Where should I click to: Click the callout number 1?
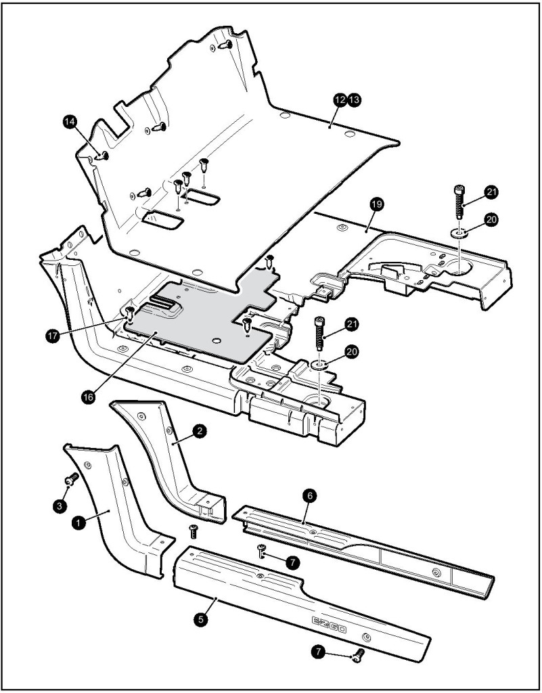click(x=78, y=522)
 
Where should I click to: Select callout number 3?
click(x=60, y=504)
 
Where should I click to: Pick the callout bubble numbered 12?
click(x=339, y=99)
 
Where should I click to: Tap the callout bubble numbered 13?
click(x=353, y=99)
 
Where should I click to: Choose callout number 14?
click(x=68, y=121)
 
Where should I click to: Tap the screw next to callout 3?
click(x=70, y=479)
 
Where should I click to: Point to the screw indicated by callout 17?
click(x=129, y=313)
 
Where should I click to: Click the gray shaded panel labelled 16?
click(x=196, y=325)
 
